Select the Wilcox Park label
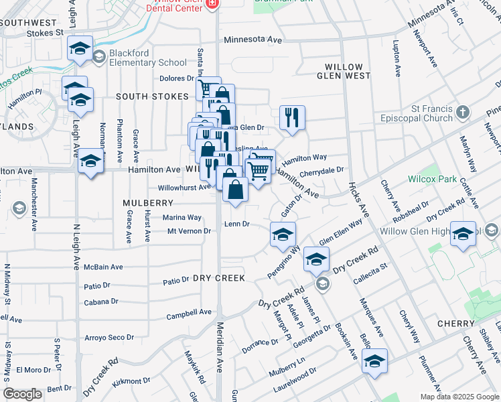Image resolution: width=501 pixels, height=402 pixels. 433,179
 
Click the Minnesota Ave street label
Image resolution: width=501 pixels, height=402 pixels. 253,40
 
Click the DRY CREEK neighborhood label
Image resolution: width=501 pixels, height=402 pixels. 219,277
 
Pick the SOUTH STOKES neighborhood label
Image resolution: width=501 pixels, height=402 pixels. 152,96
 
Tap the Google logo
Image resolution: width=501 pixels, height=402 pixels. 22,394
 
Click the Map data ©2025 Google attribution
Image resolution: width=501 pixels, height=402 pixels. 459,397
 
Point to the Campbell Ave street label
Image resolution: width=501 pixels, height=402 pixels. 189,312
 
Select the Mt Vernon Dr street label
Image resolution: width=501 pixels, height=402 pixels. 189,231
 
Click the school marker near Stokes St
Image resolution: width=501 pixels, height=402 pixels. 80,48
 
